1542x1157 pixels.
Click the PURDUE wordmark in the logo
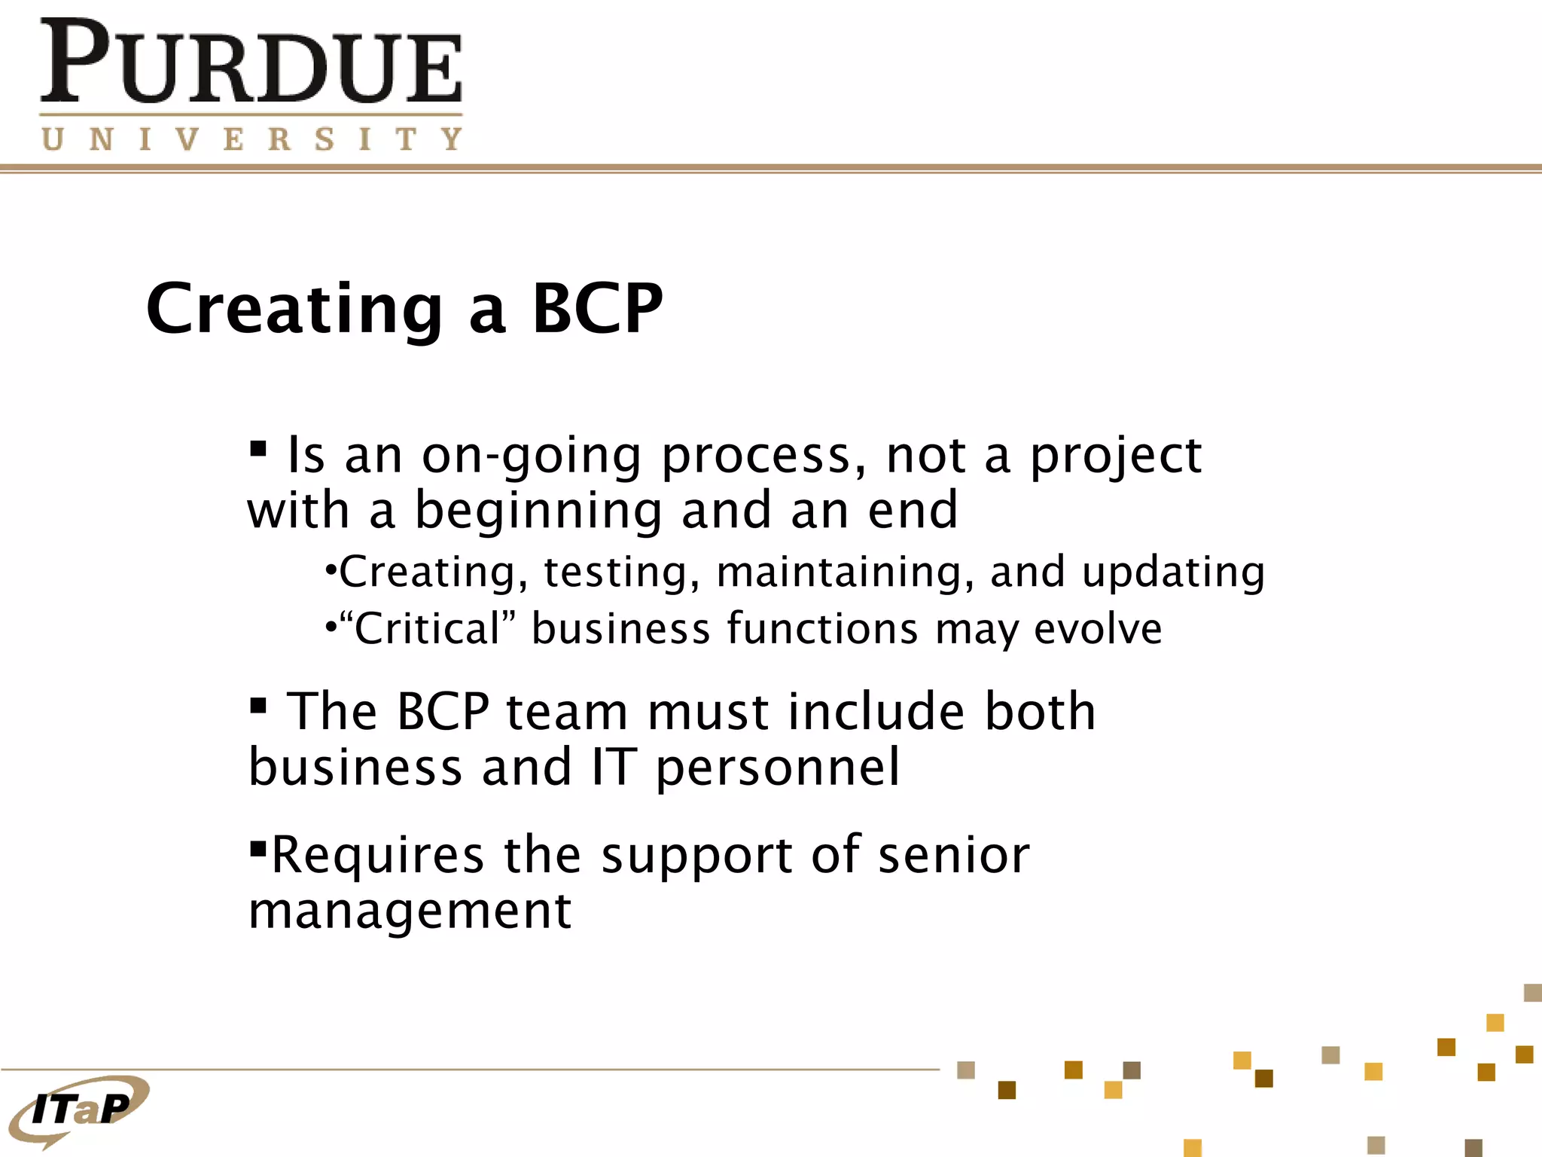[251, 63]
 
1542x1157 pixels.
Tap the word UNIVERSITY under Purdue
[251, 139]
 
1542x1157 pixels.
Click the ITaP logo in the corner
[79, 1109]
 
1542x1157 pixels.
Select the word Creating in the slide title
[294, 309]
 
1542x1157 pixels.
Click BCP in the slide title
[597, 309]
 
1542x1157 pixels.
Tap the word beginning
[538, 511]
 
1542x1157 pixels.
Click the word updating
[1173, 572]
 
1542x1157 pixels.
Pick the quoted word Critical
[427, 629]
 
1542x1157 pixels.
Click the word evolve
[1098, 629]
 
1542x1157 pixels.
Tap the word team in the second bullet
[567, 712]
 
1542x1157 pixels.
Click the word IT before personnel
[614, 768]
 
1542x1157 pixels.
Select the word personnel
[778, 768]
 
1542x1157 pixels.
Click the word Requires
[377, 856]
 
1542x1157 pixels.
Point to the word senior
[953, 856]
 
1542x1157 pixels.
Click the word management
[410, 911]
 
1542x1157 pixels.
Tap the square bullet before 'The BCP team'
[258, 706]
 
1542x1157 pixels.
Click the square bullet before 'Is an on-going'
[258, 450]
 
